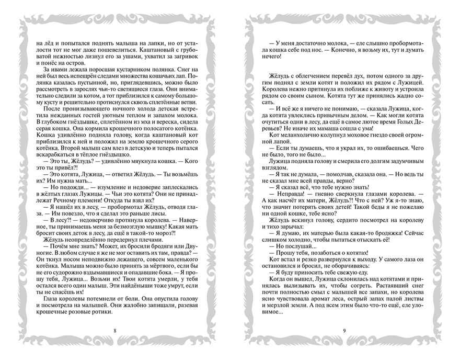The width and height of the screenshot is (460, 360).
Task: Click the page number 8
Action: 114,330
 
